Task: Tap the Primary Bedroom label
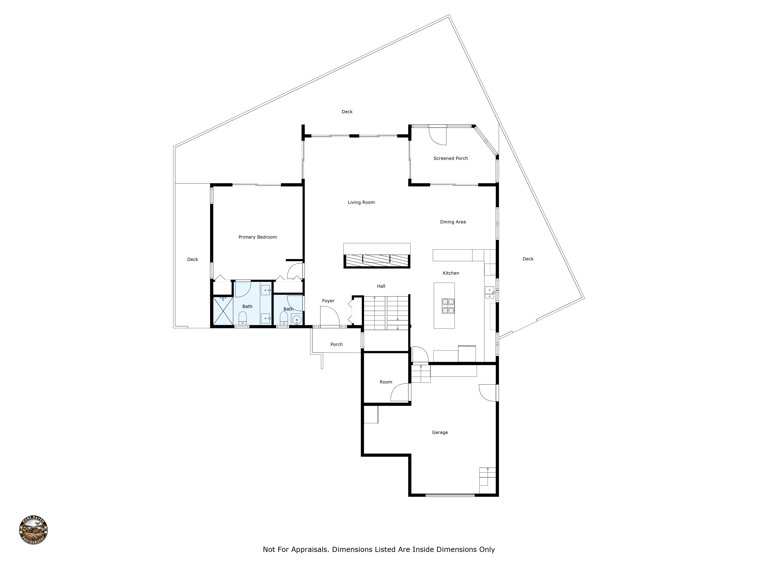(257, 237)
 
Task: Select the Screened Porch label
(450, 158)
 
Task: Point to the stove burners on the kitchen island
(448, 306)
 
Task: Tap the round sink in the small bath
(297, 320)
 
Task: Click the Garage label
(440, 432)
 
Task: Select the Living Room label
(361, 202)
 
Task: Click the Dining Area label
(453, 222)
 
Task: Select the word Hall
(381, 286)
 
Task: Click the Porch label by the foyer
(336, 344)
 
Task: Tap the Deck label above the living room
(347, 112)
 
